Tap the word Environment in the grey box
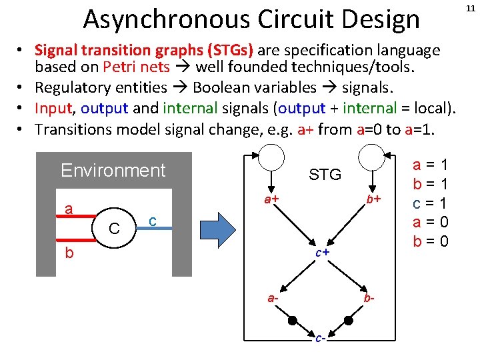(x=113, y=171)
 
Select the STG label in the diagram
(x=325, y=175)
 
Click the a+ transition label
(x=271, y=199)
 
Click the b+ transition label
(x=373, y=199)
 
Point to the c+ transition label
(x=323, y=253)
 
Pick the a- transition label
(x=273, y=298)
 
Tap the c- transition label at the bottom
(x=321, y=339)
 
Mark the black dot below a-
(x=292, y=321)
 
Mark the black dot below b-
(x=348, y=321)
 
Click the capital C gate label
(x=114, y=229)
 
